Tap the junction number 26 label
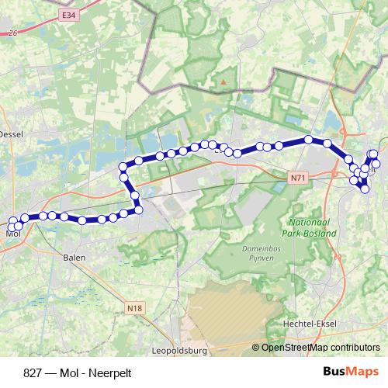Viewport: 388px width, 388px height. (x=11, y=33)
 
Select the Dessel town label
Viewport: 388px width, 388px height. (x=11, y=133)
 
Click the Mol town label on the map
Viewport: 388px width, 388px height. (x=12, y=232)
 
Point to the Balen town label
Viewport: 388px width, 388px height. (x=74, y=256)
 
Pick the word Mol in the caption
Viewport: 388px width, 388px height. (x=61, y=372)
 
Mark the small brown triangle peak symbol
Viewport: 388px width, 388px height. (x=223, y=80)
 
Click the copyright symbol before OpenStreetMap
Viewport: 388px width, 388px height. (x=257, y=348)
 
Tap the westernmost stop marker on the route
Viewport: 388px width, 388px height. (x=12, y=222)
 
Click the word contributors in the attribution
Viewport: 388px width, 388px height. (x=354, y=348)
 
